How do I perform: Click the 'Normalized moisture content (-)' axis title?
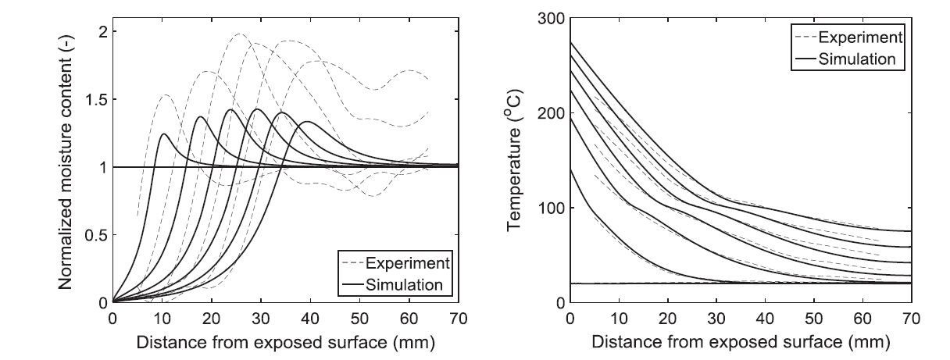click(66, 166)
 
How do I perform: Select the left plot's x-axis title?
click(285, 342)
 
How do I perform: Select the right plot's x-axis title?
click(741, 342)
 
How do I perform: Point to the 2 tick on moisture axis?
click(102, 31)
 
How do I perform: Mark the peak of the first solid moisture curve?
click(164, 134)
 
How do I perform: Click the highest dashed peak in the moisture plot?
click(238, 34)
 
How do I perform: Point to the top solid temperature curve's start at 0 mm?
click(570, 42)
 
